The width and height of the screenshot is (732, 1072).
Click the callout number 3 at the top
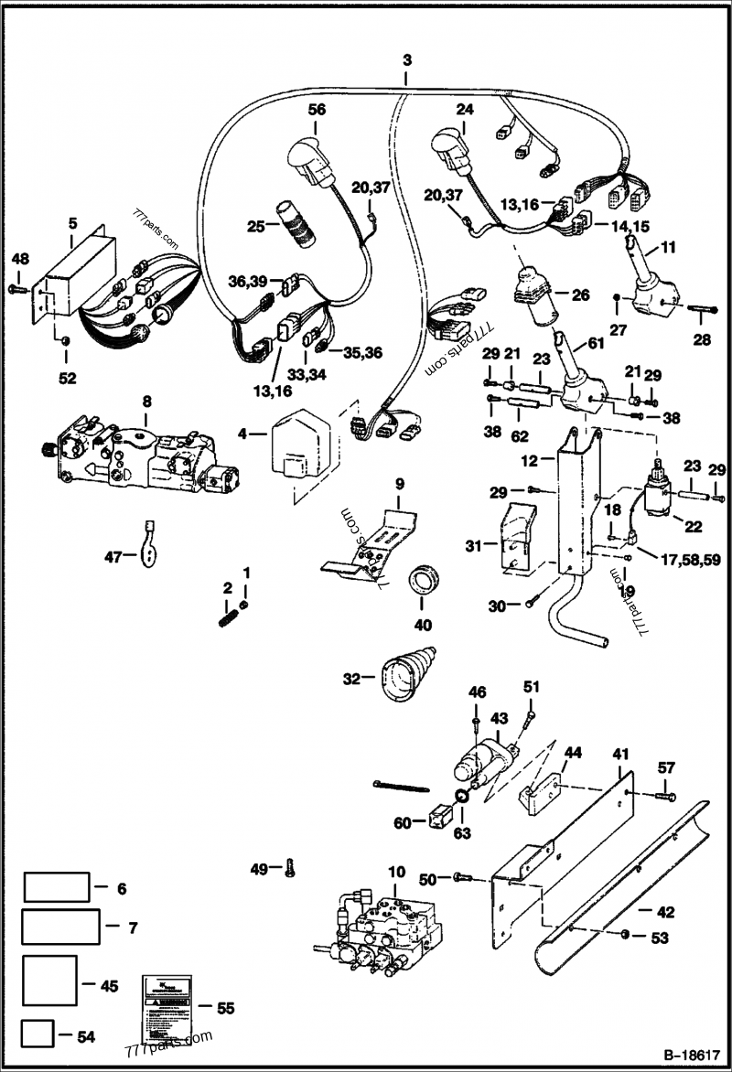(407, 60)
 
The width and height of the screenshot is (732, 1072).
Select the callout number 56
(317, 109)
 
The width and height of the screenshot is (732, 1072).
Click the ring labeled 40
(422, 580)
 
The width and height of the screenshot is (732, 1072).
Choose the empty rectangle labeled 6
(57, 887)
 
